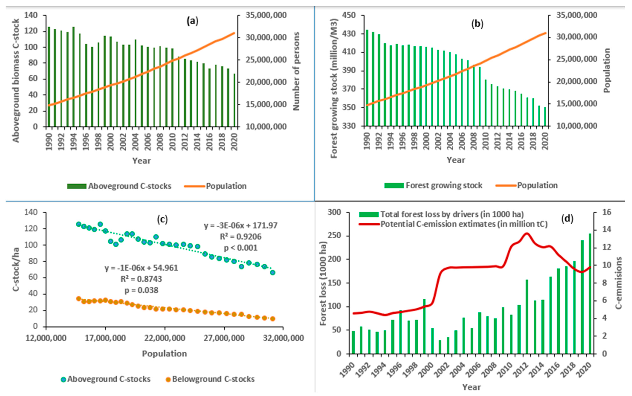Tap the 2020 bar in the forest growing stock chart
click(x=545, y=116)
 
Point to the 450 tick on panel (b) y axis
click(x=355, y=15)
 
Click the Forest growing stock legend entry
click(x=433, y=185)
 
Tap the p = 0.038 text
click(x=141, y=290)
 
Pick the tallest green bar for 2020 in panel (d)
click(x=590, y=293)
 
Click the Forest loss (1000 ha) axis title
click(x=324, y=283)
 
